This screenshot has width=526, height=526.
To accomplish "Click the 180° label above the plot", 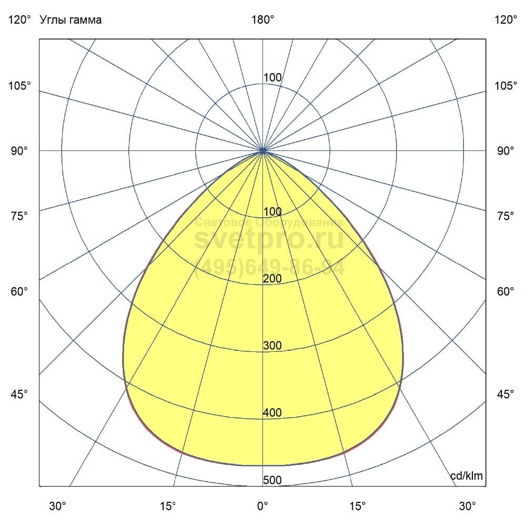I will (262, 20).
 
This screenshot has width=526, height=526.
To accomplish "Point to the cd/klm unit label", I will (467, 476).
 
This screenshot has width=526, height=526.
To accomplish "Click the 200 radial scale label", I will (272, 279).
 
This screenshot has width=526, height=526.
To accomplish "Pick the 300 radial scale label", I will (272, 346).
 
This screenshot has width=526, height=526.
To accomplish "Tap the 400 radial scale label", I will (272, 413).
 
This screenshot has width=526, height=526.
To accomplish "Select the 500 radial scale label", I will (272, 480).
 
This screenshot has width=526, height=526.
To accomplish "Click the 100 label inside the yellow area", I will (272, 212).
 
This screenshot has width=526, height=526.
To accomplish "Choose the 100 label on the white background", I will (272, 78).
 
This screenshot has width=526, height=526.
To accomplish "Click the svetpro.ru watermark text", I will (269, 240).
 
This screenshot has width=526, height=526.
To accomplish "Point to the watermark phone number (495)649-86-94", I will (269, 268).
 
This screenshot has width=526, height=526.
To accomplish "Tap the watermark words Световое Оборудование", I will (269, 222).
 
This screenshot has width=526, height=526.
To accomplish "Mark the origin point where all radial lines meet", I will (262, 150).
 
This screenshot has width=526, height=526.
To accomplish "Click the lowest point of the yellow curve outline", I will (262, 466).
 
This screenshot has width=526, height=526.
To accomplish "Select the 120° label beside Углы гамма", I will (20, 20).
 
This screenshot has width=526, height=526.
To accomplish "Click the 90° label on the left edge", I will (20, 151).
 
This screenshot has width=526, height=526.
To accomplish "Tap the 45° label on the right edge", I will (505, 394).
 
